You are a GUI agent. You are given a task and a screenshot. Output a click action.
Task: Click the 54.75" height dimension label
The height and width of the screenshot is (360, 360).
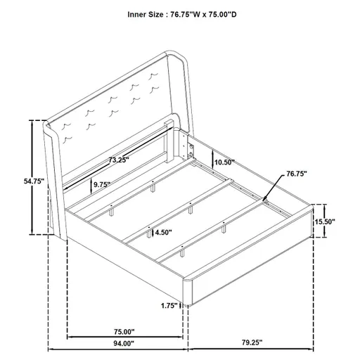pos(34,181)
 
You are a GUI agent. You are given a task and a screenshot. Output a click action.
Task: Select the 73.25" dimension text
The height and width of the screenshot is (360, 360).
pos(119,160)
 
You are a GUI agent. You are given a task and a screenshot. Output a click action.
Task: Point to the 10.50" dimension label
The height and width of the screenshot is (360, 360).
pos(224,162)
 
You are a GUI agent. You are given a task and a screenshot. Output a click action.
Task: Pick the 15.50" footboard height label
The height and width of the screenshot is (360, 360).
pos(325,221)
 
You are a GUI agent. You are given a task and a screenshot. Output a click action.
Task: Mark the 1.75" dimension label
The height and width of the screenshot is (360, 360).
pos(167,305)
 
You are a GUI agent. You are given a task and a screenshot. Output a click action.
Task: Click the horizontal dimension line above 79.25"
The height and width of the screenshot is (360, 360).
pos(250,349)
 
